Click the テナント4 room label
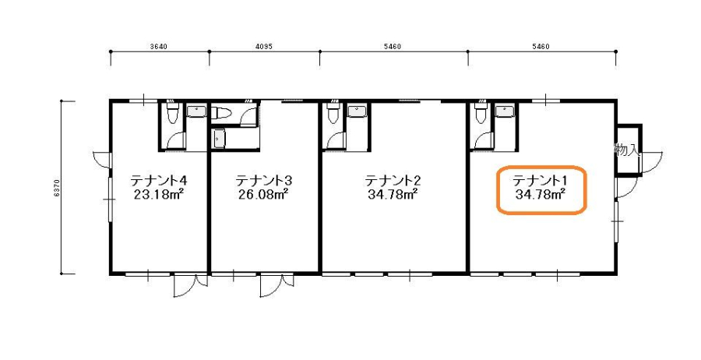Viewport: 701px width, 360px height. click(x=158, y=181)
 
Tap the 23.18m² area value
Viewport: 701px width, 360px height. click(x=160, y=195)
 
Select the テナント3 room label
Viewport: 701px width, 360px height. click(x=264, y=181)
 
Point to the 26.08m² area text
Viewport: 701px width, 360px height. click(x=263, y=195)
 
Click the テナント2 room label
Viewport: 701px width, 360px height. click(x=393, y=181)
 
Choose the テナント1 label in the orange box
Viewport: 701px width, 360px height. click(x=539, y=181)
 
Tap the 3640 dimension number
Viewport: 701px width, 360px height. click(x=159, y=47)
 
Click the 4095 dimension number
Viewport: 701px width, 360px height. click(x=264, y=47)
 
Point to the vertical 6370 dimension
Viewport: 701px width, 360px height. click(x=55, y=188)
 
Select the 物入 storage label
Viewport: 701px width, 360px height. click(x=626, y=150)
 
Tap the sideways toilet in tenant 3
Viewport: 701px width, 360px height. click(x=220, y=113)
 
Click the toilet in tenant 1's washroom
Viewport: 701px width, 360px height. click(x=481, y=113)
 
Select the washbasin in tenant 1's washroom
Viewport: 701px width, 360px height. click(x=505, y=111)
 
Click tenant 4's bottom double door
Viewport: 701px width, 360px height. click(x=191, y=285)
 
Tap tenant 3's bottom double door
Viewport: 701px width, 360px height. click(x=277, y=285)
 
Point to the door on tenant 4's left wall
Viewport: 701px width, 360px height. click(x=102, y=160)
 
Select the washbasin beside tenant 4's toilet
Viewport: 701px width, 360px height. click(x=196, y=111)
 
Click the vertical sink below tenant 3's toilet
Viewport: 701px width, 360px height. click(x=219, y=138)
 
